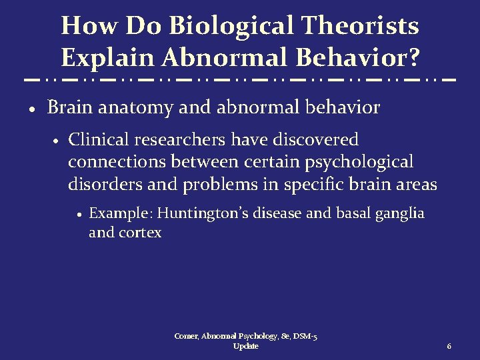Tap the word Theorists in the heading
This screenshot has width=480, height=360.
tap(363, 27)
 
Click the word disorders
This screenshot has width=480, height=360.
tap(103, 185)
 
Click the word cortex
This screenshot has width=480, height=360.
tap(141, 233)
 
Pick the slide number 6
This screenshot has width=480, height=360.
tap(449, 347)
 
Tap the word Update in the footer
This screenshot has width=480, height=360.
tap(246, 347)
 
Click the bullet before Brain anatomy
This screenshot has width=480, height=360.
tap(33, 109)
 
